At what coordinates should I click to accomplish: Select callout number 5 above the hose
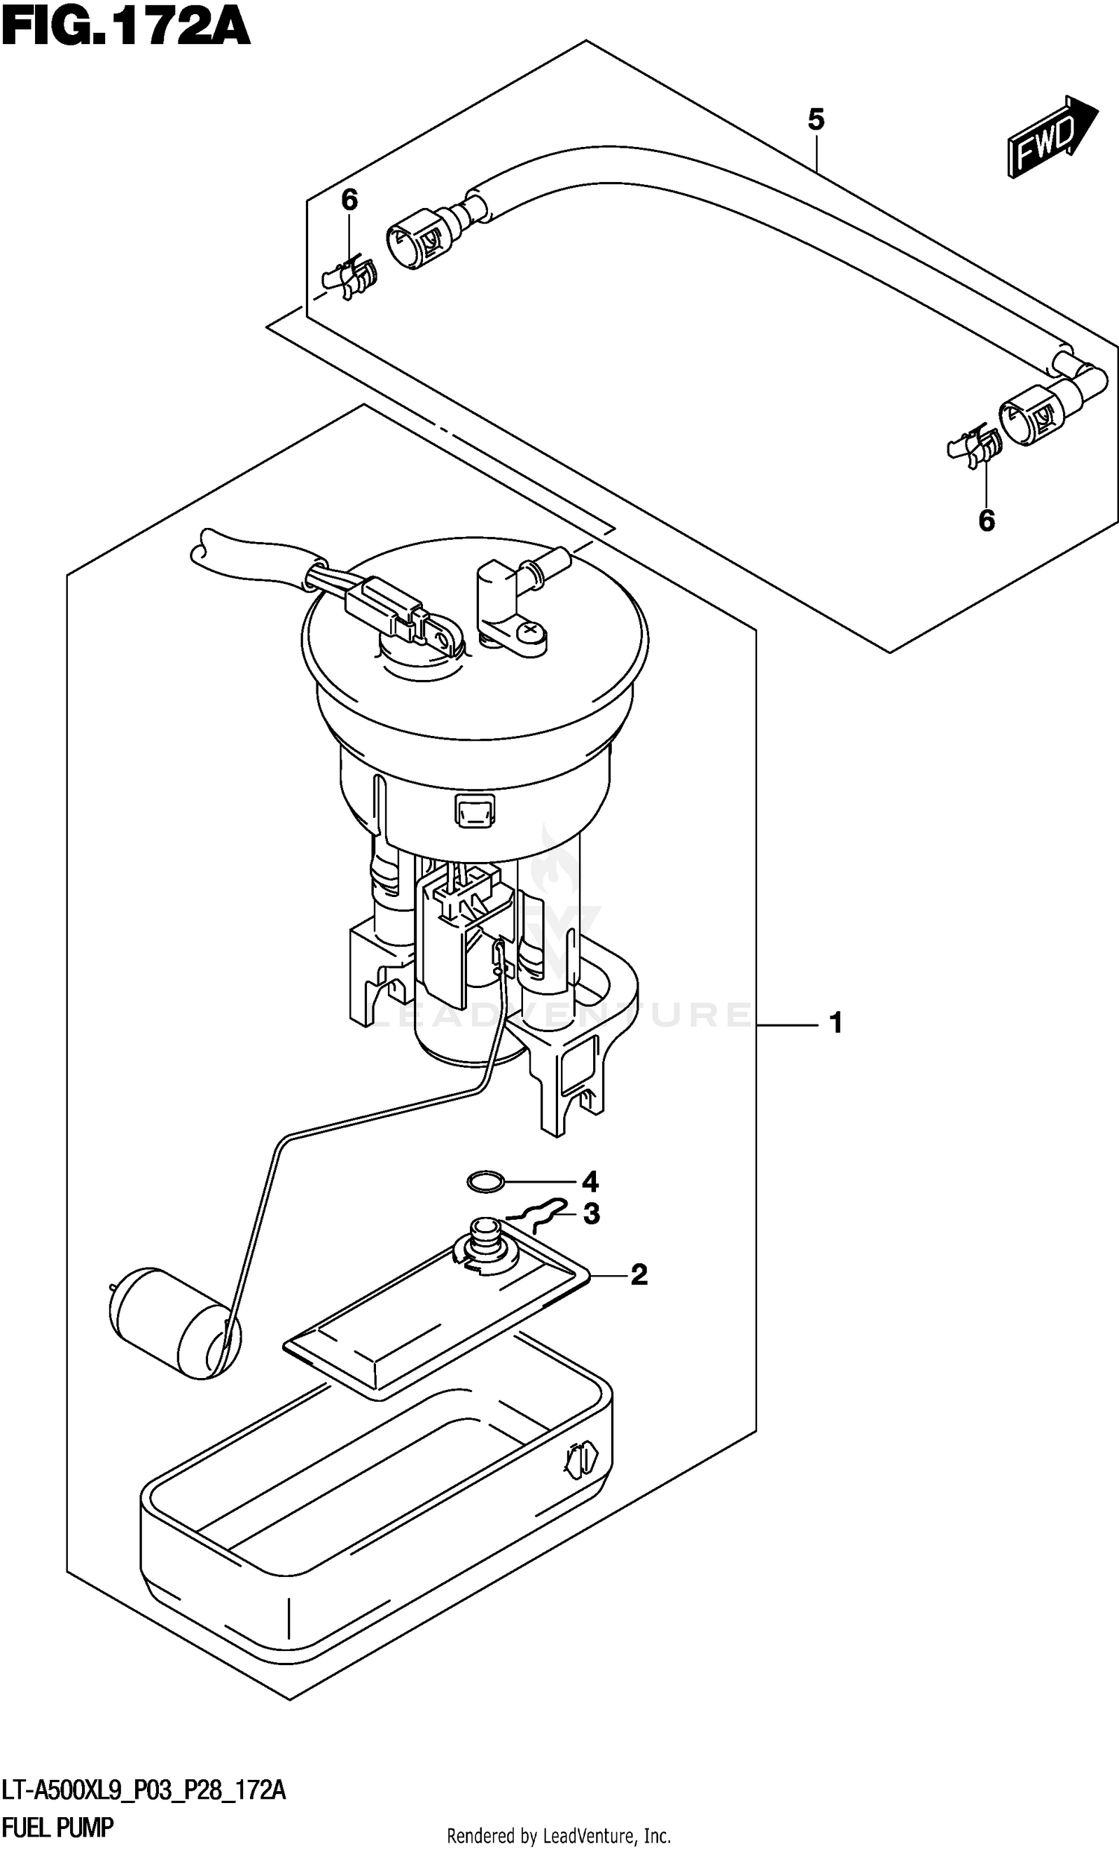(x=815, y=119)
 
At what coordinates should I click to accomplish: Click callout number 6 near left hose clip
(x=349, y=200)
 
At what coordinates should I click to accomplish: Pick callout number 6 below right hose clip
(x=986, y=520)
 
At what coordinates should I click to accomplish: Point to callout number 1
(x=835, y=1022)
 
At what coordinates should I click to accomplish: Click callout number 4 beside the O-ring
(x=590, y=1183)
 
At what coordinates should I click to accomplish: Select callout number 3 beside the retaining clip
(x=592, y=1214)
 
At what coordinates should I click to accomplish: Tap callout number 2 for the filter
(x=639, y=1274)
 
